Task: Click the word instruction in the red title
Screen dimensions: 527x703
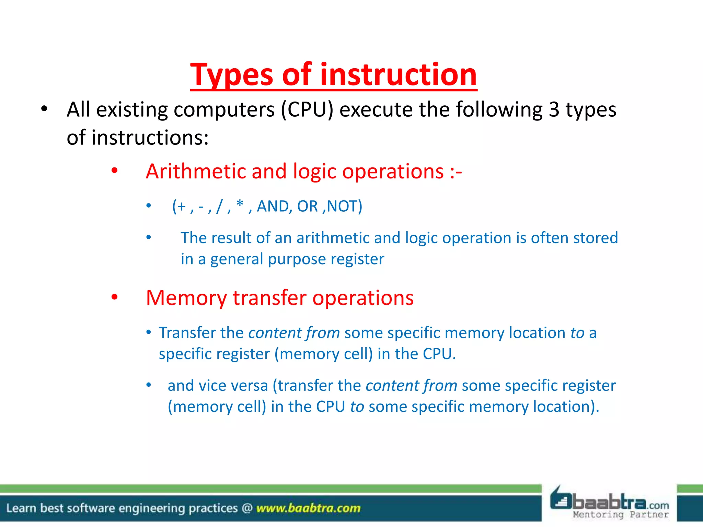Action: pyautogui.click(x=398, y=75)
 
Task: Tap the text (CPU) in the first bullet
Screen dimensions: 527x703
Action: pyautogui.click(x=307, y=110)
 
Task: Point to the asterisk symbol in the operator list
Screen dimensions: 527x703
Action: pyautogui.click(x=240, y=204)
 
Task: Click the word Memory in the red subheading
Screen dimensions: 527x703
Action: pyautogui.click(x=186, y=298)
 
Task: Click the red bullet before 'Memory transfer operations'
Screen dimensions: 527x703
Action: pyautogui.click(x=114, y=297)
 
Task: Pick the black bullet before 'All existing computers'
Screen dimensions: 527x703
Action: pyautogui.click(x=44, y=109)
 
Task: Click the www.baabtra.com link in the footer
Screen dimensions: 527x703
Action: pyautogui.click(x=308, y=508)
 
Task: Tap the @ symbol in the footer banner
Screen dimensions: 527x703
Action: pyautogui.click(x=247, y=508)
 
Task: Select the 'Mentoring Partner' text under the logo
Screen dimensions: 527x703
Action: pyautogui.click(x=620, y=515)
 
